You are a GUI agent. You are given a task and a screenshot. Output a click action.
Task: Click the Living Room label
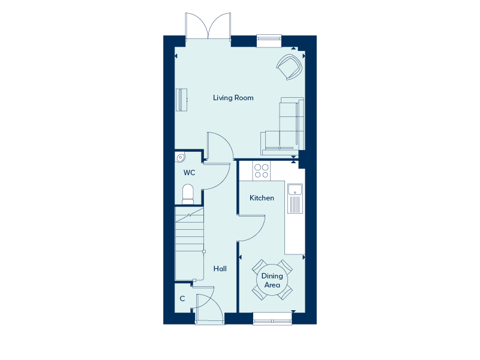[x=233, y=98]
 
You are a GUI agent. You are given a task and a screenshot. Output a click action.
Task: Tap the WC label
[x=189, y=173]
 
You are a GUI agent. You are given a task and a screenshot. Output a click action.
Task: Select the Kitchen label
[x=262, y=198]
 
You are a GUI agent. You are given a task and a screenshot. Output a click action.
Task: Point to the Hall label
[x=220, y=269]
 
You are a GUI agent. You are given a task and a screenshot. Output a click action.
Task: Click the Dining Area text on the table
[x=272, y=281]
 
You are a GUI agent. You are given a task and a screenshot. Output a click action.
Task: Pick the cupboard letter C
[x=182, y=299]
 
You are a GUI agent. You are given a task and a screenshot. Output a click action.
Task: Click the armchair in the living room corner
[x=289, y=67]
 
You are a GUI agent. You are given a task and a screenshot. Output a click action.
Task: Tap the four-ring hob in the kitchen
[x=261, y=171]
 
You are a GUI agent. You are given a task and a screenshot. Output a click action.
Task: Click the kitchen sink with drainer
[x=295, y=199]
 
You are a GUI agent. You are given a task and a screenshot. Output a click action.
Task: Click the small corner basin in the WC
[x=180, y=158]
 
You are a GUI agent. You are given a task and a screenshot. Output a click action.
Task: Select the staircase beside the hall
[x=190, y=243]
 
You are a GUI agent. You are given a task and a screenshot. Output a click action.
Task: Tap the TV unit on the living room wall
[x=181, y=100]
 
